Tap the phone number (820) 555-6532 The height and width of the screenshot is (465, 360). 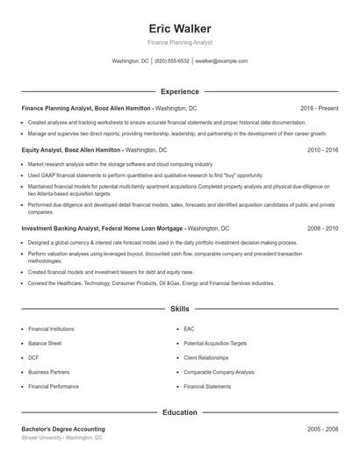173,61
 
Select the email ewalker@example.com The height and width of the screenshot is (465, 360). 221,61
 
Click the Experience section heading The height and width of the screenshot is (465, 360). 179,91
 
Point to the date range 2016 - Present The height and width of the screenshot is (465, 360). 319,108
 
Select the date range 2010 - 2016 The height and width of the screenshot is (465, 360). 322,150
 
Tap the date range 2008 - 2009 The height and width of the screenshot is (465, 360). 322,228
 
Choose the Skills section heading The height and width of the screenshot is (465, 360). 179,310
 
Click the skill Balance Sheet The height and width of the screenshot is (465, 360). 45,343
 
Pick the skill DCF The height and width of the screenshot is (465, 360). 33,357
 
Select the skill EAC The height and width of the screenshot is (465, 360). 189,329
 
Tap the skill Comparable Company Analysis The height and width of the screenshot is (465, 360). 219,371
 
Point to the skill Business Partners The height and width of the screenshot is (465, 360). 48,371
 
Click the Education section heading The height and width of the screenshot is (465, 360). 179,411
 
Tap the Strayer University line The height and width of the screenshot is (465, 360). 61,437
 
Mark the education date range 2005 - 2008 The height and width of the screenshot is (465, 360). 322,428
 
